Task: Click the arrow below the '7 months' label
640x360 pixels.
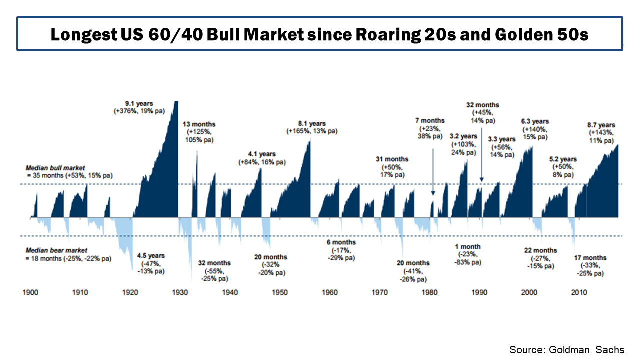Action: click(433, 168)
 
